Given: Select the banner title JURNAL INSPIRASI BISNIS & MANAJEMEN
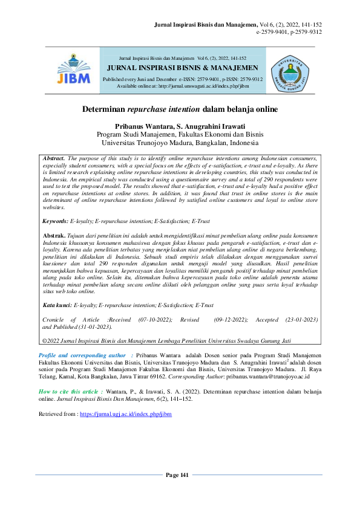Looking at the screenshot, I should click(182, 68).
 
